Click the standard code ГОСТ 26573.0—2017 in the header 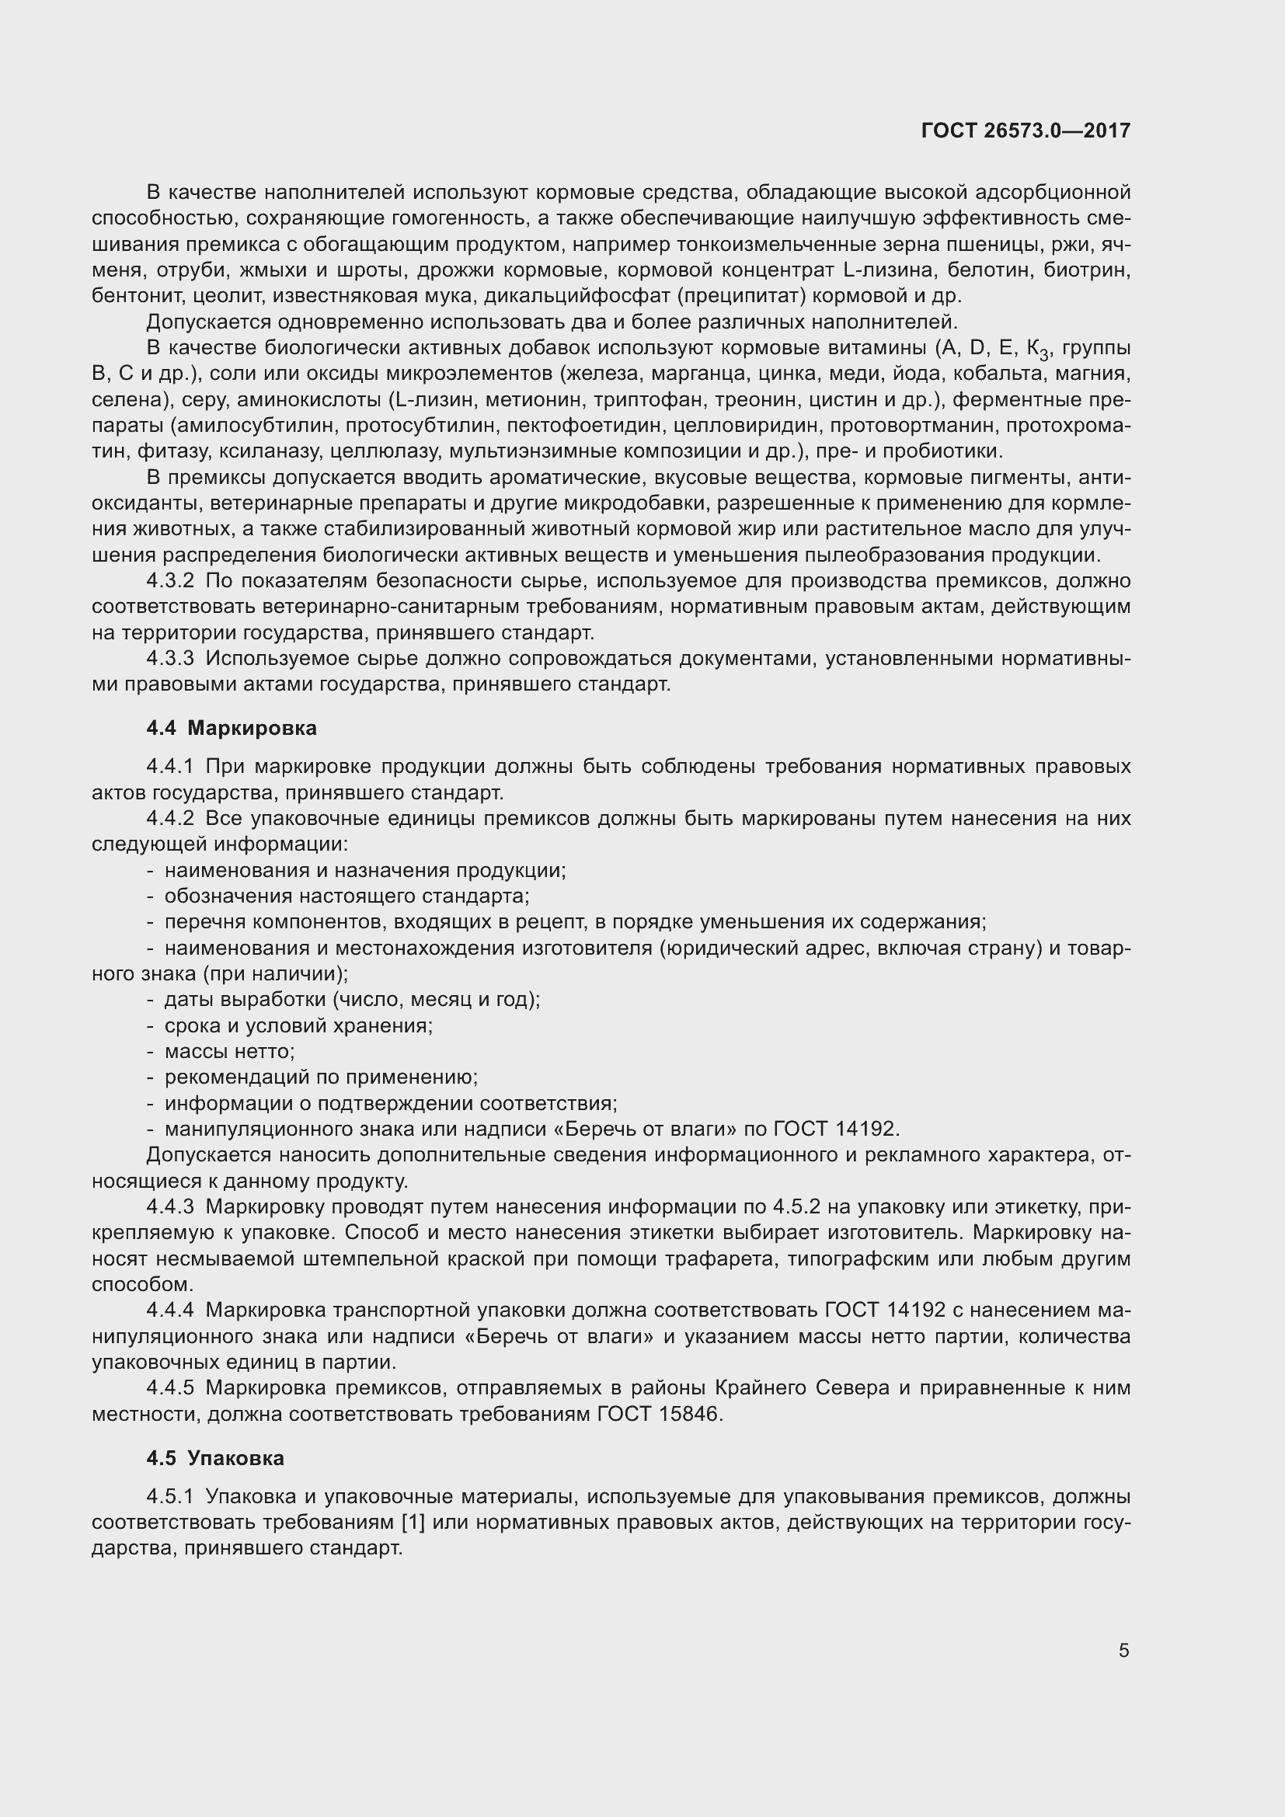[x=1026, y=131]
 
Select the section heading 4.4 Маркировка [x=232, y=728]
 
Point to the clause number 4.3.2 [x=170, y=581]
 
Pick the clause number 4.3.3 [x=170, y=659]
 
